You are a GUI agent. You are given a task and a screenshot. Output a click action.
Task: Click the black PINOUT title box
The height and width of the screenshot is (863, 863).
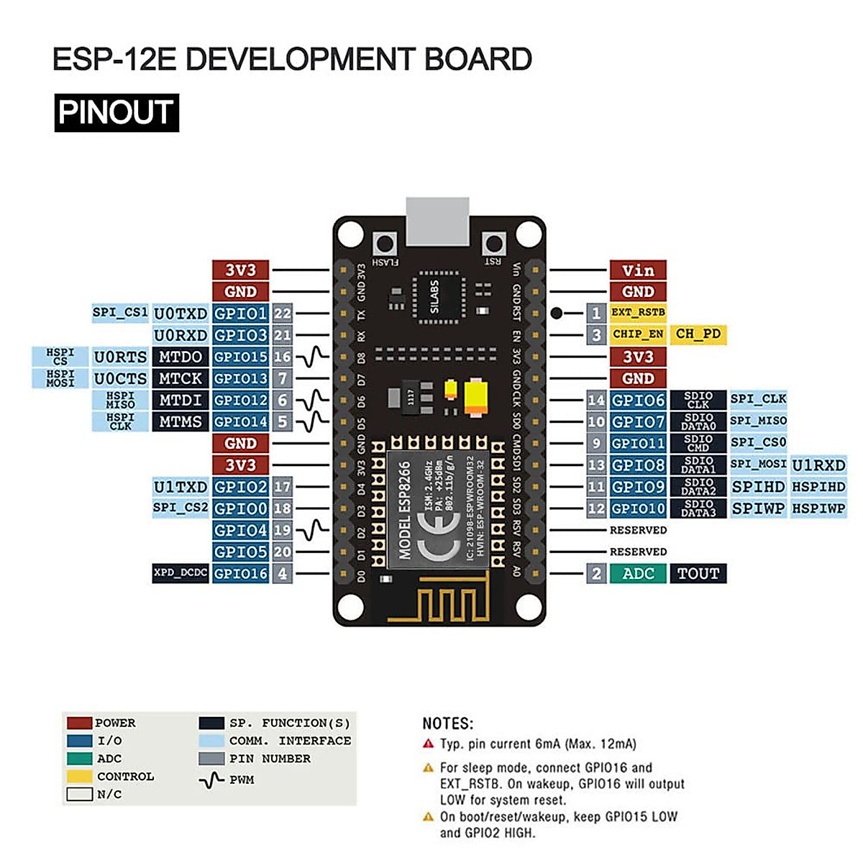point(117,113)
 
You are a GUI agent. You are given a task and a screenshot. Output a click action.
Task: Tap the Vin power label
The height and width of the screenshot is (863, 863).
point(638,270)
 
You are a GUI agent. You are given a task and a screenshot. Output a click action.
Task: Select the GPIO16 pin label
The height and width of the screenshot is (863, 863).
point(241,574)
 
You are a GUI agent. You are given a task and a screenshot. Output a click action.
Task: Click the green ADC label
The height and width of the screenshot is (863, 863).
point(638,574)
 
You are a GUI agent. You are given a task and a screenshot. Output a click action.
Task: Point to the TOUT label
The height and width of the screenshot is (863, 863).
point(698,574)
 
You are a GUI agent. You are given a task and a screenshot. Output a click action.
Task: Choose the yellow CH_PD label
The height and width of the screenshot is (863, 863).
point(698,334)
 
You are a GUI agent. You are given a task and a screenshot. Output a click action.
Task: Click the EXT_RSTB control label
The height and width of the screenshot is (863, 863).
point(638,313)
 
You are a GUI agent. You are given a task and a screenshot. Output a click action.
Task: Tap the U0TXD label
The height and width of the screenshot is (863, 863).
point(181,314)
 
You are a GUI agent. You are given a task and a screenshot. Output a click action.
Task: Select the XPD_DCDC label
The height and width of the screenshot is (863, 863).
point(181,574)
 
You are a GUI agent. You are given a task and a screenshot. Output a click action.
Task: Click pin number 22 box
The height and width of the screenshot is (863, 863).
point(283,314)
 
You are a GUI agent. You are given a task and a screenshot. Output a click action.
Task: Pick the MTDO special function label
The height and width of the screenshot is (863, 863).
point(181,357)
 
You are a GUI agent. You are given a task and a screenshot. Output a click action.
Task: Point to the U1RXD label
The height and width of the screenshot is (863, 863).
point(818,465)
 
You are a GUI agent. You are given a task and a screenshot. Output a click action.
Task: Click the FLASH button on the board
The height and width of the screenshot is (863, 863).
point(385,243)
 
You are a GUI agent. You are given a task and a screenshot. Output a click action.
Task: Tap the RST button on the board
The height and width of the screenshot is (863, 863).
point(493,243)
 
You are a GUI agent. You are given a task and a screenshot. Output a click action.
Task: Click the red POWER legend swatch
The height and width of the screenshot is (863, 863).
point(79,723)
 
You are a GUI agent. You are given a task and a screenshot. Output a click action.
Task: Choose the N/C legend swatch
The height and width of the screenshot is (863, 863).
point(79,795)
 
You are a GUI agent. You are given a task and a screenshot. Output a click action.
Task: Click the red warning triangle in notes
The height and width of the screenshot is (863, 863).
point(429,744)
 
